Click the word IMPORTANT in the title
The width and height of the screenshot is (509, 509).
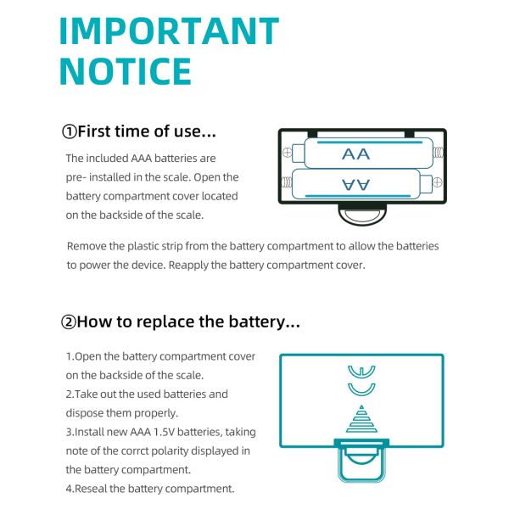point(169,31)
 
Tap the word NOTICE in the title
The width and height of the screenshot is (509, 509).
point(126,71)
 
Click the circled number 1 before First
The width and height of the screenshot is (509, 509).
point(70,132)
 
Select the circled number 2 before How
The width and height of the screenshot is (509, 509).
point(69,322)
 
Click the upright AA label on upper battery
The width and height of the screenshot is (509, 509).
point(355,154)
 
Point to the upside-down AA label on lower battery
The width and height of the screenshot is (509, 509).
point(355,184)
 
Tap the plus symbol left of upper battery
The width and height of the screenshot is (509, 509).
point(288,152)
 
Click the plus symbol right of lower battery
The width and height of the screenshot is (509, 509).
point(437,182)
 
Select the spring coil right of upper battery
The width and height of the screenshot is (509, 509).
point(439,152)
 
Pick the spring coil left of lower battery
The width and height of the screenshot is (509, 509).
point(287,182)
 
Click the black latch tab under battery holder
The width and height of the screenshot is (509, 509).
point(362,214)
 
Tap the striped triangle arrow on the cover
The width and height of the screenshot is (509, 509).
point(361,419)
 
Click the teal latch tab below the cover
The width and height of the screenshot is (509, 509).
point(361,461)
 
